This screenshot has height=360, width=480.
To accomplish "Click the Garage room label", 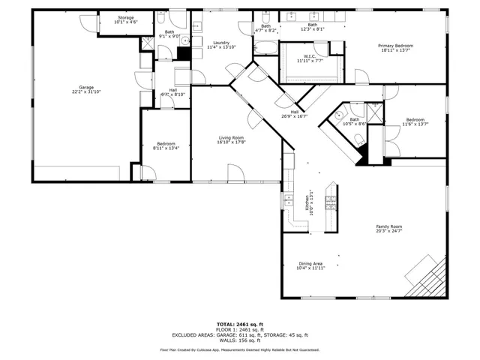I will click(87, 88).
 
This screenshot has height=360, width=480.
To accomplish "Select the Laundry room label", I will click(220, 44).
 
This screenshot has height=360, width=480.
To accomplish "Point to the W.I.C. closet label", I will click(310, 58).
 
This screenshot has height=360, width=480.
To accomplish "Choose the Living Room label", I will click(231, 139).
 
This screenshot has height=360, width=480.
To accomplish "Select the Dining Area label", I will click(310, 265).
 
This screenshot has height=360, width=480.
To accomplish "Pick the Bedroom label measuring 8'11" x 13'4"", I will click(166, 145).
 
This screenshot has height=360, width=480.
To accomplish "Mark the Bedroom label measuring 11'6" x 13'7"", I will click(415, 121).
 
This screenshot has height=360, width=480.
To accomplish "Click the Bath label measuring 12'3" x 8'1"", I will click(312, 27).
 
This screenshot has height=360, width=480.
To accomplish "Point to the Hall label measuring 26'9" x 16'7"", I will click(295, 114).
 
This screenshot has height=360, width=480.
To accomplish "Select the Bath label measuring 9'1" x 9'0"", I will click(169, 34).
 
